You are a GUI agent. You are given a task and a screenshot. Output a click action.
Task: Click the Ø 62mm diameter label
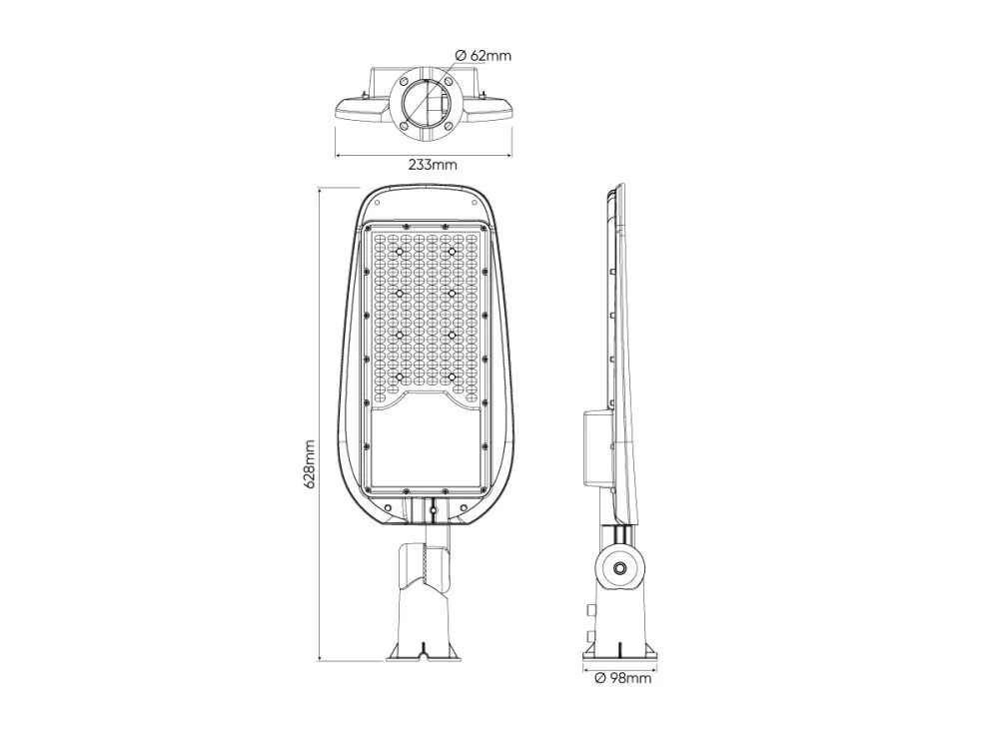point(484,55)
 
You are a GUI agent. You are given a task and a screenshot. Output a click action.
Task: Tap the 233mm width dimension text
point(434,165)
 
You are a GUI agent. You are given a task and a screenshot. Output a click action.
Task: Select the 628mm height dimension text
point(310,463)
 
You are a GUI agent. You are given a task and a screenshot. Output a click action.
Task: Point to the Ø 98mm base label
point(623,678)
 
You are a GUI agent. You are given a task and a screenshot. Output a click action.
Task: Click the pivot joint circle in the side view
point(619,565)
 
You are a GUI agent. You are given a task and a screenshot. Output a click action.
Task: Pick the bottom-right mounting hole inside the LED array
point(452,377)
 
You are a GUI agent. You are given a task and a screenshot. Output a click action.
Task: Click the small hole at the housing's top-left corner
point(377,203)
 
